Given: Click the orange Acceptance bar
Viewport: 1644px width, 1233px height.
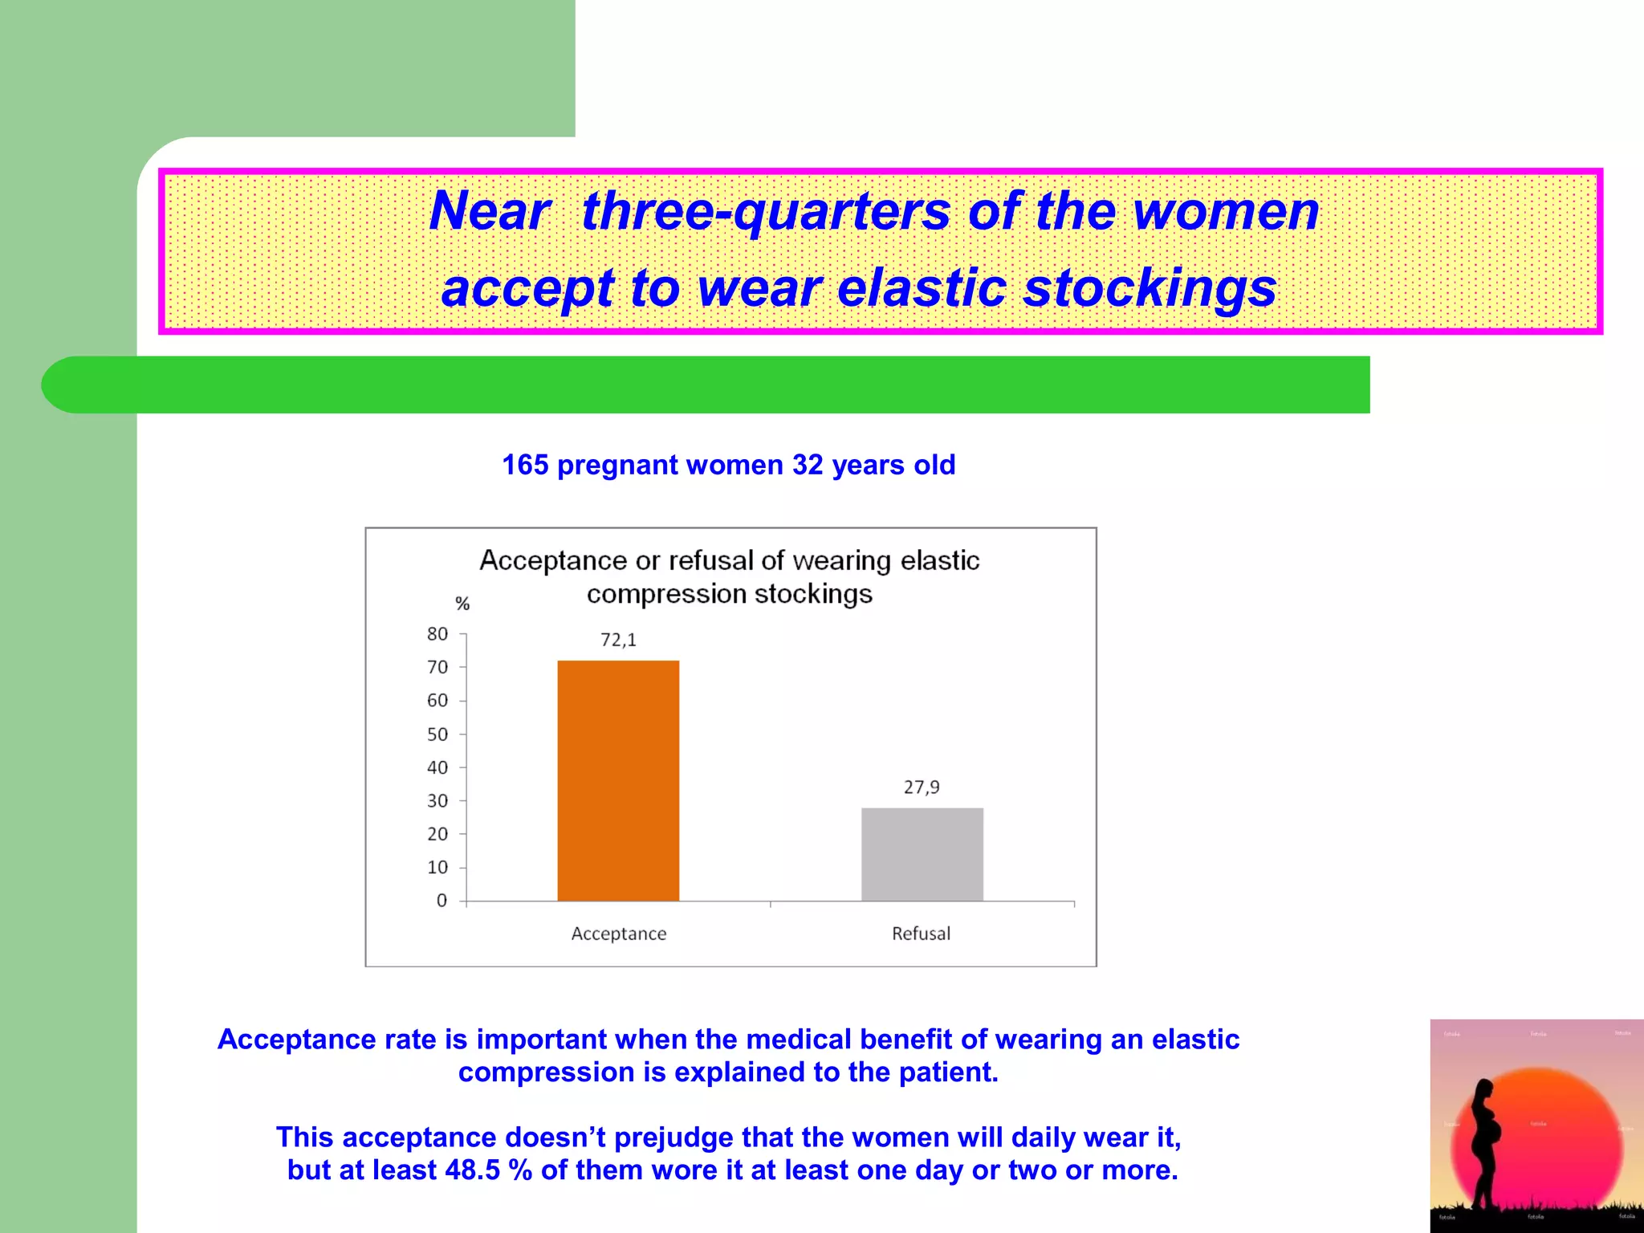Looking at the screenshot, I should tap(618, 780).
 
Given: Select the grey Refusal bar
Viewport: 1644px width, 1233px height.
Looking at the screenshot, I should tap(922, 854).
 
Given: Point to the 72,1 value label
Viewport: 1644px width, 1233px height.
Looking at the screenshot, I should tap(618, 640).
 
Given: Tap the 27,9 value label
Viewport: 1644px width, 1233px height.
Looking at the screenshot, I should tap(922, 787).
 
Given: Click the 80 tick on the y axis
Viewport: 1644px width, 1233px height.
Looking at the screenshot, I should tap(437, 634).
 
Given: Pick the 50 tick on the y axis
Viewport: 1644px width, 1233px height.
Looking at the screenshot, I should tap(437, 735).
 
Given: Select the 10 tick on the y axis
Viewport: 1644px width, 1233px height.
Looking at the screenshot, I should tap(437, 868).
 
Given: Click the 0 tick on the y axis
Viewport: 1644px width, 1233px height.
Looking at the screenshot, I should tap(442, 901).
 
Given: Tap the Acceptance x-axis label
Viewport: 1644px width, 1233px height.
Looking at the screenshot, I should tap(619, 934).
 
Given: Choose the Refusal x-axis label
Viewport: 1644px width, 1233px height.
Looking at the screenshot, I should tap(921, 934).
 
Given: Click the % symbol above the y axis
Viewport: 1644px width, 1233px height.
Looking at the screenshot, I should tap(462, 604).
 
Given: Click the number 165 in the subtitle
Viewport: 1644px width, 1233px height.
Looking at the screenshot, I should tap(525, 465).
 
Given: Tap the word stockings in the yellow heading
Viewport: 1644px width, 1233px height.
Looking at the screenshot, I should tap(1150, 288).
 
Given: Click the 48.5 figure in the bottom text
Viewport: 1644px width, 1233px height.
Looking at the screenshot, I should tap(473, 1170).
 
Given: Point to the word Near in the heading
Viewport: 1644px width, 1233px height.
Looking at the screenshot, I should tap(490, 211).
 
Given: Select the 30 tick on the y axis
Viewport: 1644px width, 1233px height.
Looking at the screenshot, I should tap(437, 801).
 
